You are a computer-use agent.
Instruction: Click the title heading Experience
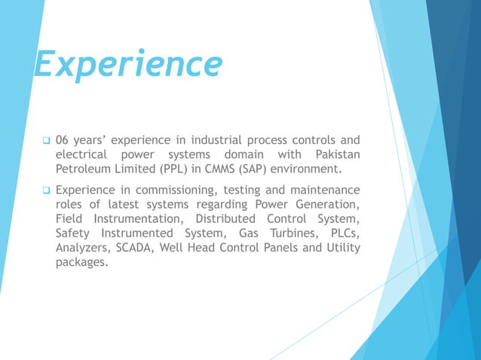(x=128, y=65)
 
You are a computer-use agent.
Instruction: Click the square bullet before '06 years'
(x=46, y=140)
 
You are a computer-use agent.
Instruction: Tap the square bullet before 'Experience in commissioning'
(x=46, y=190)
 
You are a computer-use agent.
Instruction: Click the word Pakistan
(x=332, y=154)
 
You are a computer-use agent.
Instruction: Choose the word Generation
(x=327, y=204)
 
